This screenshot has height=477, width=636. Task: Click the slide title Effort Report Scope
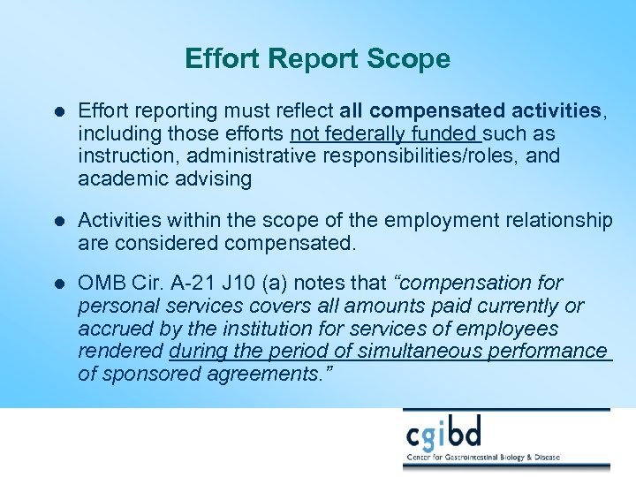coord(317,59)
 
